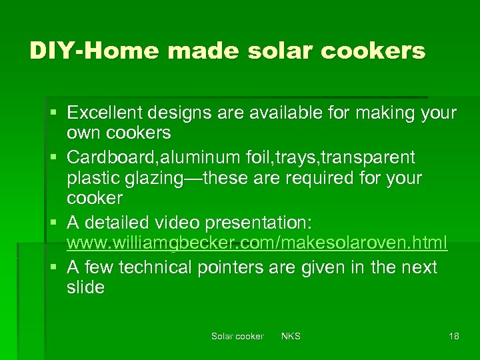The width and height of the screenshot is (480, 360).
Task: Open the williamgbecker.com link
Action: [257, 243]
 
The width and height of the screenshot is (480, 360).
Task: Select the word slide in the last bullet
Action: [85, 288]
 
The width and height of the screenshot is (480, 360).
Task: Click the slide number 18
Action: [453, 336]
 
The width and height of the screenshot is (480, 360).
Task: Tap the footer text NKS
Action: [291, 336]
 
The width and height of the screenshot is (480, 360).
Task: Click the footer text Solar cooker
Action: [237, 336]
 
